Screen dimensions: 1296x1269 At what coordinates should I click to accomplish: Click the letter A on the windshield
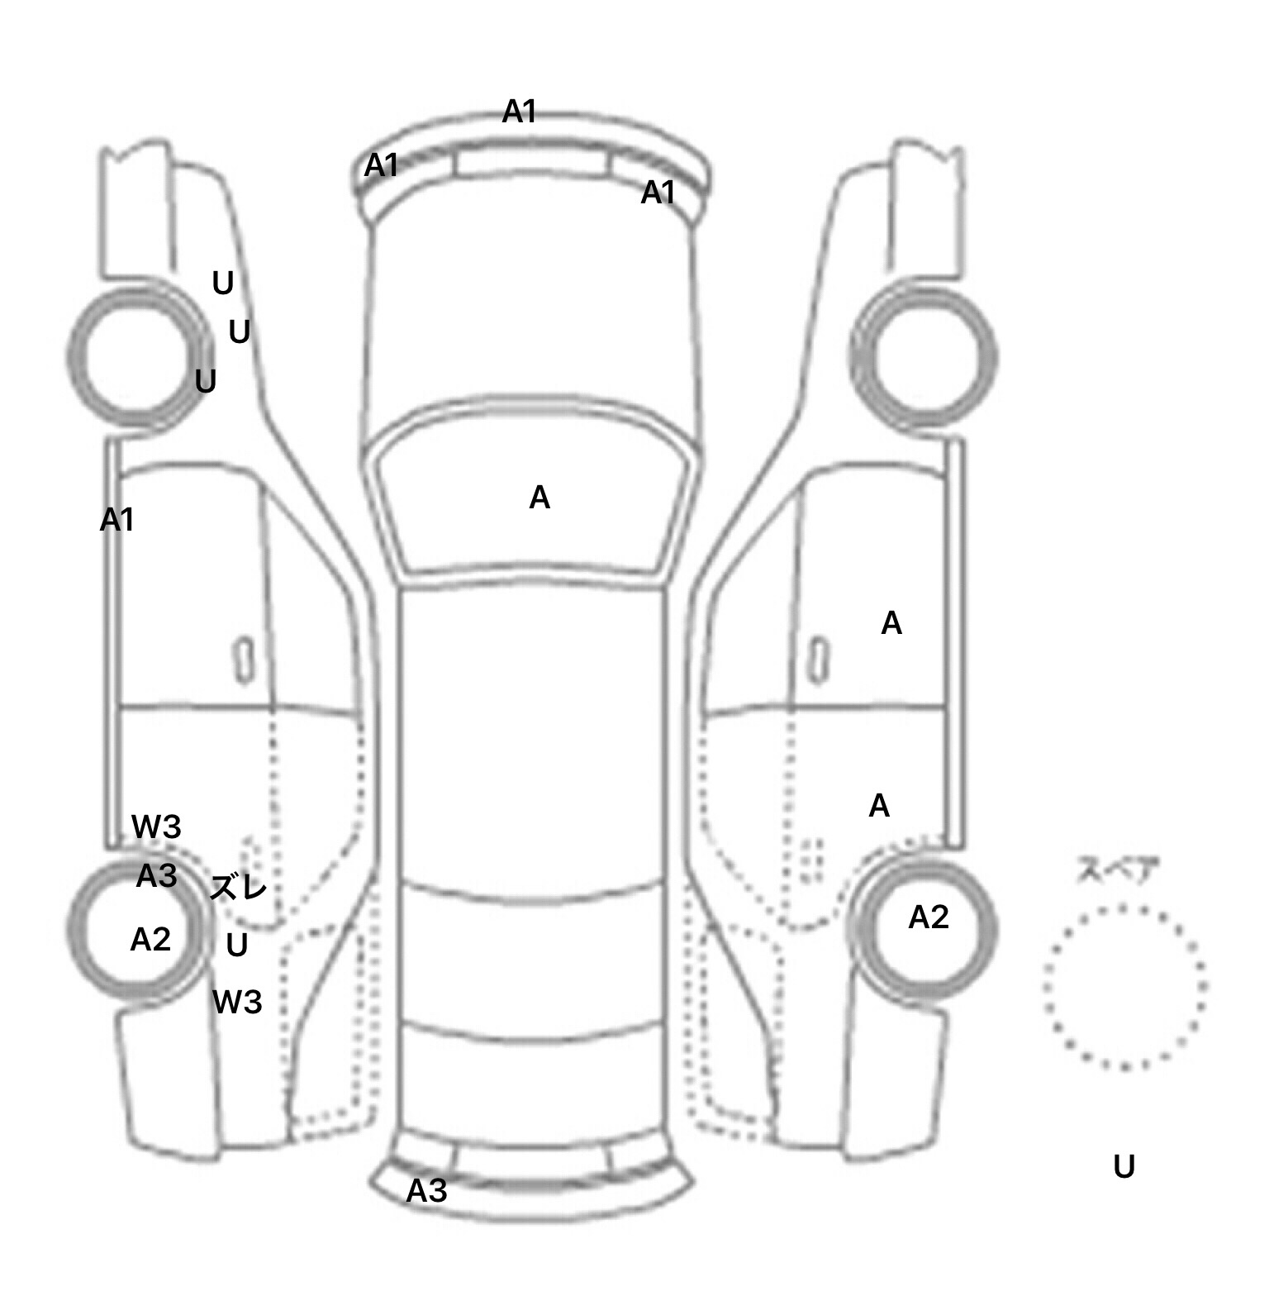(x=539, y=498)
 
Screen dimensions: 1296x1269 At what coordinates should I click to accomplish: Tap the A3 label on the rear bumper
(x=426, y=1190)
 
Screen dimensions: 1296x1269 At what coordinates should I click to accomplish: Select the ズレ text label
(x=238, y=888)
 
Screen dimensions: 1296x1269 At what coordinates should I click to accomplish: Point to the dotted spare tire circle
(x=1124, y=985)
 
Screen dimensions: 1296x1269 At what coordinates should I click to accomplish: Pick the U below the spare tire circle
(x=1124, y=1166)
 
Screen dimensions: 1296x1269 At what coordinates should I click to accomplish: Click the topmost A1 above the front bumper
(x=520, y=112)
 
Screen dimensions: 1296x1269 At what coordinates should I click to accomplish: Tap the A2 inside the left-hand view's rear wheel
(x=150, y=939)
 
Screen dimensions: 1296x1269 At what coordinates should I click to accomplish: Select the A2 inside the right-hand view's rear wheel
(x=929, y=917)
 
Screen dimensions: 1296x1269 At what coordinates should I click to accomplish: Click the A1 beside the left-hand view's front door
(x=116, y=520)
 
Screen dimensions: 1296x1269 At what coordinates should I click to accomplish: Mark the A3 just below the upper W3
(x=156, y=875)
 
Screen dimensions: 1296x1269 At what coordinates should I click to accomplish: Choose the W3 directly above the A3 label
(x=156, y=827)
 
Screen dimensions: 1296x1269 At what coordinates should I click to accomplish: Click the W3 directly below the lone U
(x=237, y=1002)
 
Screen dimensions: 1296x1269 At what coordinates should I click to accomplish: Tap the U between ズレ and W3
(x=237, y=945)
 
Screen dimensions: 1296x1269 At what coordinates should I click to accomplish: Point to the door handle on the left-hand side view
(x=244, y=660)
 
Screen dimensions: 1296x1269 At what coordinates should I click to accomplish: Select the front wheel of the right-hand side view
(x=924, y=357)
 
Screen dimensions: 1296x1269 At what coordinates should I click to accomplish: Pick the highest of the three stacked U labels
(x=223, y=283)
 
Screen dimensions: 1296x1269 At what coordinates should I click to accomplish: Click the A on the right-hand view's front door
(x=891, y=623)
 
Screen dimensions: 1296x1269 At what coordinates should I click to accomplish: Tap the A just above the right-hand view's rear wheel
(x=879, y=806)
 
